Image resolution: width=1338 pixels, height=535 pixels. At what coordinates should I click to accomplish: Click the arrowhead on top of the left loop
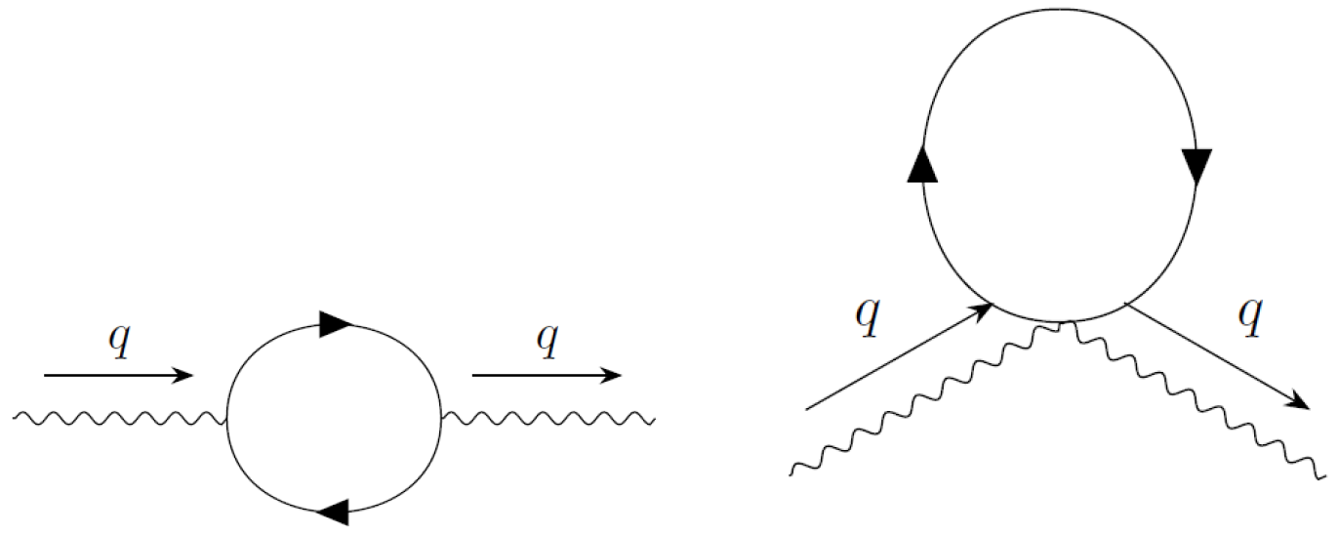pos(335,325)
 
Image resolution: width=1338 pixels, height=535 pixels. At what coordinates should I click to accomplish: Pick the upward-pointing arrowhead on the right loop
pos(922,167)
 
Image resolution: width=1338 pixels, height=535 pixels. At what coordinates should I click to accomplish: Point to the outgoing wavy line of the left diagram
pos(547,419)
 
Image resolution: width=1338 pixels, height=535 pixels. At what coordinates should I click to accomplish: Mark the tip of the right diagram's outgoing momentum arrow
pos(1308,407)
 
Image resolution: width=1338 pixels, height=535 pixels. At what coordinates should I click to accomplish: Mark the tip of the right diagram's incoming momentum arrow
pos(993,306)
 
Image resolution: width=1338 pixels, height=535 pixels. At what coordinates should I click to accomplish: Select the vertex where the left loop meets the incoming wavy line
pos(227,420)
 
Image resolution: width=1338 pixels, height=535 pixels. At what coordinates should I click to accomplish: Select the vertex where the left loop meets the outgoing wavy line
pos(441,419)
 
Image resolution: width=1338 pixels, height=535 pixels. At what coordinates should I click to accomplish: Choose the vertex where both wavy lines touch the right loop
pos(1065,321)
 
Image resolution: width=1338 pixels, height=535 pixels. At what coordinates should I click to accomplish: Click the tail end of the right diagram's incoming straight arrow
pos(807,408)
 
